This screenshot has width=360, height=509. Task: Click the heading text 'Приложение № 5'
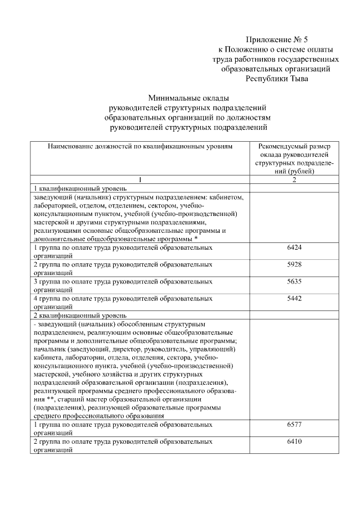tap(277, 39)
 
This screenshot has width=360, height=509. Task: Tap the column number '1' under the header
tap(140, 179)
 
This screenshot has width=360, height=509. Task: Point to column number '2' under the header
tap(294, 179)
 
